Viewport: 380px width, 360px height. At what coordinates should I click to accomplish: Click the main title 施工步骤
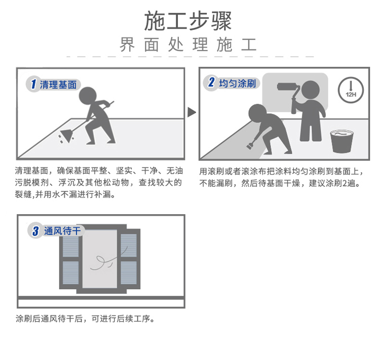[188, 21]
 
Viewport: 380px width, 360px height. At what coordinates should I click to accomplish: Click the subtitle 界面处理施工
[188, 45]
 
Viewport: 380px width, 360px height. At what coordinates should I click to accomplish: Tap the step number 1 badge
[33, 84]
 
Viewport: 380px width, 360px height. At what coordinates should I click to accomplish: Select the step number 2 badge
[211, 83]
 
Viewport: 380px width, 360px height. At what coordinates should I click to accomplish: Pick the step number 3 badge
[35, 230]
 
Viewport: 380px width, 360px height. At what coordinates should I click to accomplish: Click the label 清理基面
[58, 85]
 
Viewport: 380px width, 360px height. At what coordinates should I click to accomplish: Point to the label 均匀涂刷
[238, 84]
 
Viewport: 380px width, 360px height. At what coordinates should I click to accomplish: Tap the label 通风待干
[62, 231]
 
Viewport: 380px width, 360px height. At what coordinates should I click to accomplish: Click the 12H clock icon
[351, 90]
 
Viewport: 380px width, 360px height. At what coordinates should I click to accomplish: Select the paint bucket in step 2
[341, 141]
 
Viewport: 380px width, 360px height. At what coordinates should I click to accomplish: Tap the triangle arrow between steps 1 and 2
[192, 112]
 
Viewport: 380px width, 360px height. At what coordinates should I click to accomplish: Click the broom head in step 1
[67, 135]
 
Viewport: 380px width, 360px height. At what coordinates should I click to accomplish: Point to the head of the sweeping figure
[88, 96]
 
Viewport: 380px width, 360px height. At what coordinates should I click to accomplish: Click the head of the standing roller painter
[311, 89]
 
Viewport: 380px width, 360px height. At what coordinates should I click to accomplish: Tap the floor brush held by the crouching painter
[250, 145]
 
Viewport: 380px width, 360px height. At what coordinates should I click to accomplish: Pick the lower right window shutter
[129, 272]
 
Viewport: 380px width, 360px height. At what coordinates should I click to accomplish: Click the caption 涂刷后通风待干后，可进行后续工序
[85, 318]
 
